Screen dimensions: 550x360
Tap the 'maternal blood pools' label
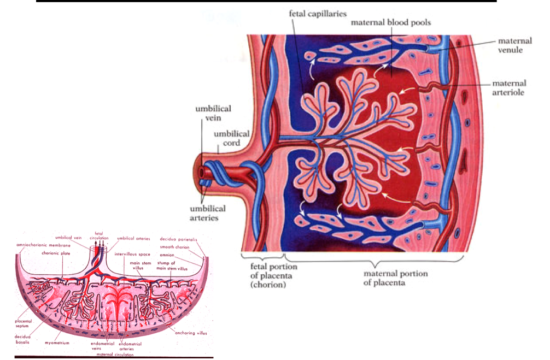coord(391,23)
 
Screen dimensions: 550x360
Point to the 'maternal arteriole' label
coord(509,88)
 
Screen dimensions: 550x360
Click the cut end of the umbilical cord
coord(204,173)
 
